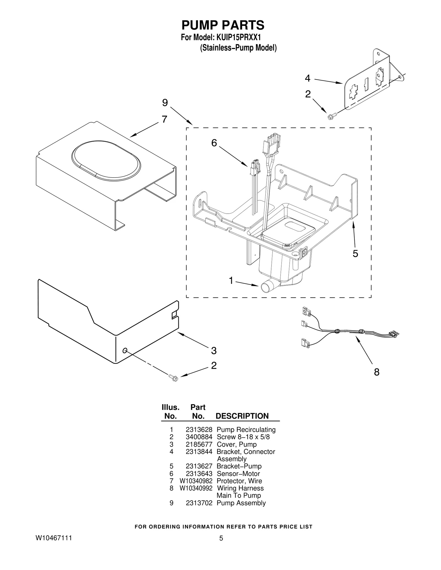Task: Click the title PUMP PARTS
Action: click(x=223, y=25)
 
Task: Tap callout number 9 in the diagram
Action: click(x=165, y=103)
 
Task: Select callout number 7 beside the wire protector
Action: click(x=164, y=119)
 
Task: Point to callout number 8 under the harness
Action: click(x=377, y=372)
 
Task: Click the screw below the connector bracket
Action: click(x=330, y=117)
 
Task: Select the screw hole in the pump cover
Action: click(x=125, y=350)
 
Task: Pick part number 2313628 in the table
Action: click(x=199, y=430)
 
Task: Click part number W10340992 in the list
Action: click(x=196, y=488)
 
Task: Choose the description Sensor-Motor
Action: click(x=238, y=474)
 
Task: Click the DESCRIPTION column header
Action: click(x=242, y=416)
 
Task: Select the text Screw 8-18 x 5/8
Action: click(x=243, y=437)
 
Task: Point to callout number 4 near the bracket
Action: click(x=308, y=78)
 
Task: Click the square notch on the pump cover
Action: click(x=174, y=315)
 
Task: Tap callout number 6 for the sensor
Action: click(x=214, y=143)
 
